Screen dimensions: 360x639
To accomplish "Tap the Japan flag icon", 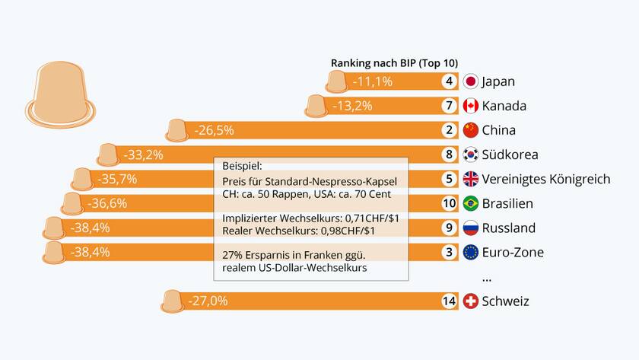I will point(470,81).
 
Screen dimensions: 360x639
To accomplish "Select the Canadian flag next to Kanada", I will point(470,106).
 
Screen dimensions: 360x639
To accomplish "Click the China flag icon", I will point(470,130).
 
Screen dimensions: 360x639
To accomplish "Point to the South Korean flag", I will point(470,155).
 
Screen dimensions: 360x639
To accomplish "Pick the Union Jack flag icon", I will point(470,179).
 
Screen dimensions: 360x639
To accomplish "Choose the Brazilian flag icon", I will point(470,203).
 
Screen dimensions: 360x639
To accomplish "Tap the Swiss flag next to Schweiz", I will point(470,301).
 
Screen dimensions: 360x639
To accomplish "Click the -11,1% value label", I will point(372,81).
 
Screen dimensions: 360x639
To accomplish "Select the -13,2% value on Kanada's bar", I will point(352,106).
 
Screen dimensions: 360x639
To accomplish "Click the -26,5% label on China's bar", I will point(214,130).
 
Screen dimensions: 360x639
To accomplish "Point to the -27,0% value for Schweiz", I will point(208,301).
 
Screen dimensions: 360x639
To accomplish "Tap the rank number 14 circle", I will point(450,301).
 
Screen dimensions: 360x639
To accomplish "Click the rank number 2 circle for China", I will point(450,130).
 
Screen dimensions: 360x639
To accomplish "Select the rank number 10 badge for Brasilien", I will point(450,203).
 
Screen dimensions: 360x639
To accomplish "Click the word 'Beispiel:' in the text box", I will point(242,165).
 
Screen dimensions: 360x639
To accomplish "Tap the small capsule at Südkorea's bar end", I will point(108,155).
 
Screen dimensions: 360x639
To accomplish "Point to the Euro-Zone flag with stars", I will point(470,252).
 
